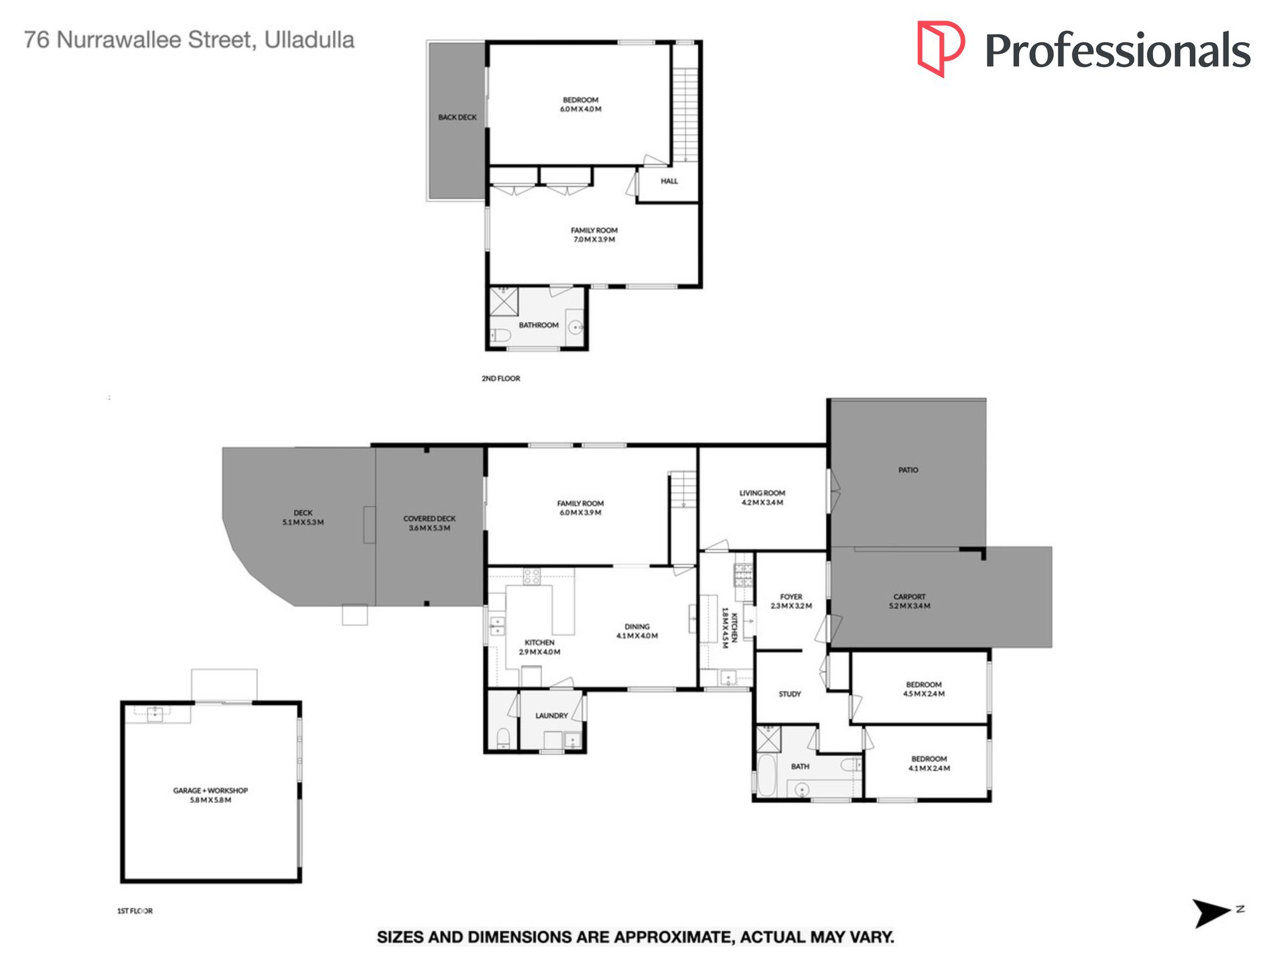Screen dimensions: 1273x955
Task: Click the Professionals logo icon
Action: click(940, 48)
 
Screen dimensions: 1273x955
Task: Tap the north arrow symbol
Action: click(1212, 913)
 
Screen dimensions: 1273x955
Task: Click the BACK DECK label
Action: click(458, 117)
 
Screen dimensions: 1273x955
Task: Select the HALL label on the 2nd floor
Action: click(669, 181)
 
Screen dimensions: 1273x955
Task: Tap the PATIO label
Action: click(909, 470)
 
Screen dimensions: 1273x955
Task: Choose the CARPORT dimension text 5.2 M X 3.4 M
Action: click(910, 606)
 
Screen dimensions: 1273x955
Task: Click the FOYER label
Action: click(791, 596)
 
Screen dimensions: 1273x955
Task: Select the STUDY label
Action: click(790, 694)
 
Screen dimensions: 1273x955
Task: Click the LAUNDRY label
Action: click(551, 716)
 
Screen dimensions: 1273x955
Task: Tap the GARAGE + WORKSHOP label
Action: click(210, 791)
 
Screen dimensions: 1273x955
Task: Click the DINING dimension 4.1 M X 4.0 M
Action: click(637, 636)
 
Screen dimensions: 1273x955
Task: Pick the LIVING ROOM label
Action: click(762, 493)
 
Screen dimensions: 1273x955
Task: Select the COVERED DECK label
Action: click(429, 519)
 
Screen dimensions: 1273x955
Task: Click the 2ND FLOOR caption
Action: click(501, 379)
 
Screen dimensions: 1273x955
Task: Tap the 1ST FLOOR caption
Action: click(135, 911)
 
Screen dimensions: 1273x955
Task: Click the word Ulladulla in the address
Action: click(310, 40)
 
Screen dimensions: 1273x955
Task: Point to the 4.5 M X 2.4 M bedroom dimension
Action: click(924, 694)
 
